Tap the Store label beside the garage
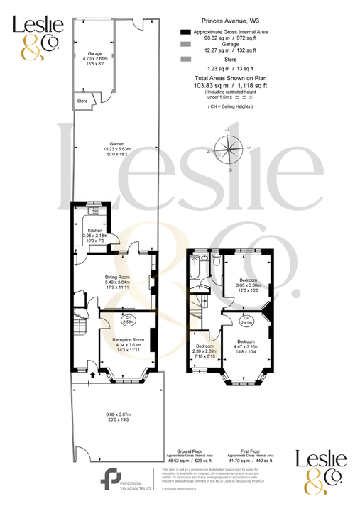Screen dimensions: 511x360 click(x=82, y=101)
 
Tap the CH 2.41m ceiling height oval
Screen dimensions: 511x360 click(x=247, y=319)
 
